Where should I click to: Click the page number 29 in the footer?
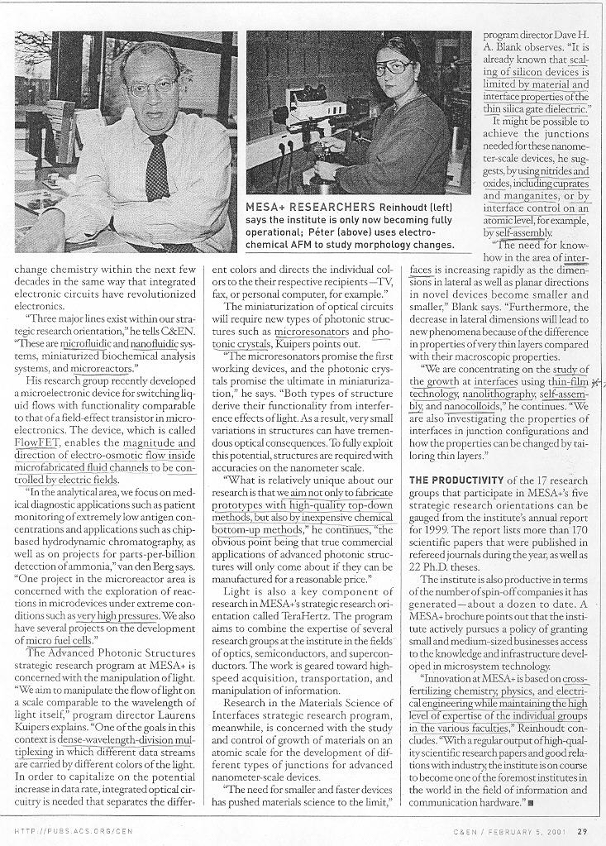(582, 831)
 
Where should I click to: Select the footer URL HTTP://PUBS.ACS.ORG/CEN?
(74, 831)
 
